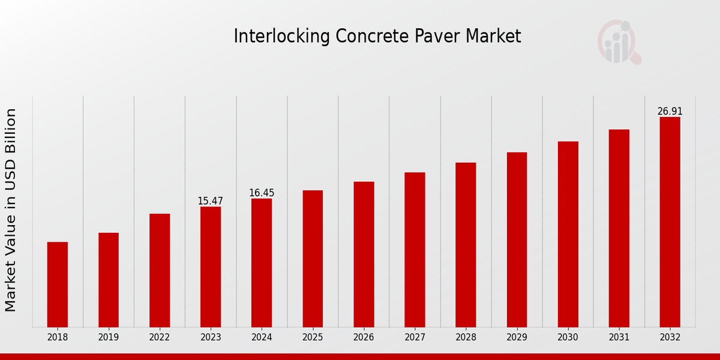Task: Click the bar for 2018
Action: [x=58, y=284]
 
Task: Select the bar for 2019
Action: [x=109, y=280]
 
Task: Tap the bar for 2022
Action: [x=160, y=270]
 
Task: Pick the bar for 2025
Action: [x=313, y=259]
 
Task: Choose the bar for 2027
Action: [x=415, y=250]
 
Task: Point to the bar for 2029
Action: [x=517, y=239]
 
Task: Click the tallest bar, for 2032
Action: [x=670, y=222]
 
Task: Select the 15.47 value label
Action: [x=210, y=201]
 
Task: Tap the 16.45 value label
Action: [x=262, y=193]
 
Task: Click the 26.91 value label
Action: [x=670, y=112]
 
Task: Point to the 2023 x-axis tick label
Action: [x=211, y=338]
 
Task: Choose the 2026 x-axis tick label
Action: [x=364, y=338]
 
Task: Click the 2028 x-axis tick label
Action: [x=466, y=338]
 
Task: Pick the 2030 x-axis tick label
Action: [x=568, y=338]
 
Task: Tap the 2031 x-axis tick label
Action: [x=619, y=338]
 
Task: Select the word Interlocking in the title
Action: [x=274, y=37]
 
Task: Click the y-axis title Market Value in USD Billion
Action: [x=11, y=210]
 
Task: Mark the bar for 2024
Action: [x=262, y=263]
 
